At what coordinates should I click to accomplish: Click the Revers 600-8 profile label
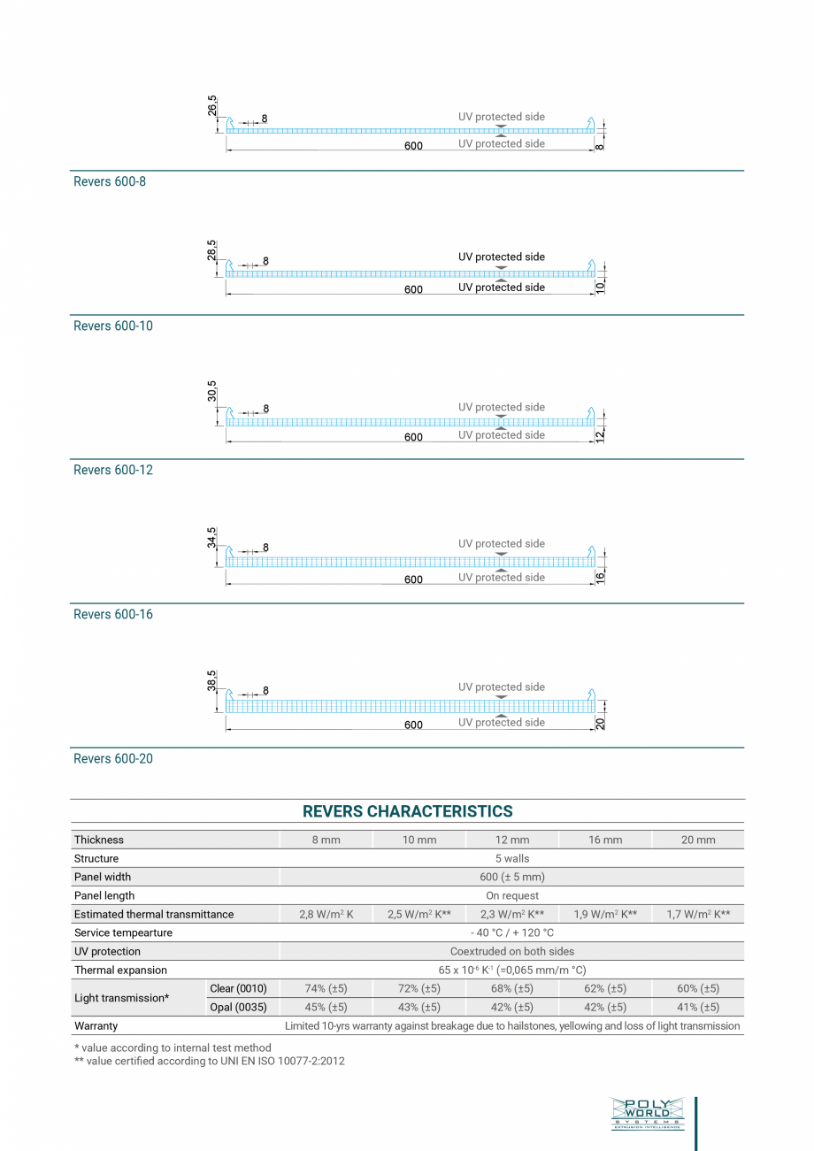[110, 181]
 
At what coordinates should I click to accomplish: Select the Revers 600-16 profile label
[113, 614]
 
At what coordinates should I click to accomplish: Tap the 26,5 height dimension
[212, 106]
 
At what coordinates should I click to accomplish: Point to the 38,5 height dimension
[212, 679]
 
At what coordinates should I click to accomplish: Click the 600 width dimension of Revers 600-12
[413, 437]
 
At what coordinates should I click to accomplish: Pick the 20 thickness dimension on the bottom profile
[600, 723]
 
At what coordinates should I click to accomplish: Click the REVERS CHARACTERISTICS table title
[407, 811]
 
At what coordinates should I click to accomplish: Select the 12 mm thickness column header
[512, 840]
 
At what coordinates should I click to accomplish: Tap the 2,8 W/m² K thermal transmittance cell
[326, 914]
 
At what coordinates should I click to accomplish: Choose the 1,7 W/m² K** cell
[698, 914]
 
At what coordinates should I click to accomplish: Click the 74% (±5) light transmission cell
[326, 988]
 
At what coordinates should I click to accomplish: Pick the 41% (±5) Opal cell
[698, 1007]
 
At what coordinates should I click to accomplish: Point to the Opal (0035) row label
[238, 1007]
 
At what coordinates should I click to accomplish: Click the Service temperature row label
[123, 932]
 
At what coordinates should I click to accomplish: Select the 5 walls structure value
[512, 858]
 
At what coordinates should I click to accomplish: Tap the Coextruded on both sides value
[512, 951]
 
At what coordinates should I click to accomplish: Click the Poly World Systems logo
[647, 1113]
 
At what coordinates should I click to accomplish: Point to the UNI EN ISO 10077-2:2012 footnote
[210, 1061]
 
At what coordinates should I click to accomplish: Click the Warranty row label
[96, 1025]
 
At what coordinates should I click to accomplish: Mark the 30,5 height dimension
[212, 391]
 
